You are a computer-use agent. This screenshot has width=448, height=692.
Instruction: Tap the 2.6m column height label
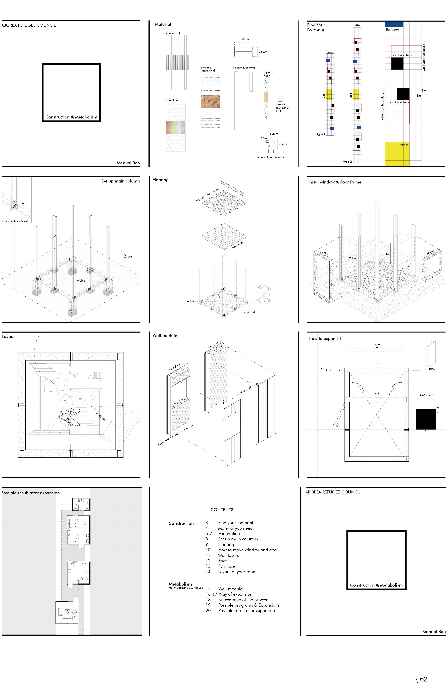tap(128, 256)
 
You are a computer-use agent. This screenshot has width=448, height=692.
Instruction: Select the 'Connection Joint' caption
tap(15, 221)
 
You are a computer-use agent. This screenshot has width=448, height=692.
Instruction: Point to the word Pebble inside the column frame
tap(81, 281)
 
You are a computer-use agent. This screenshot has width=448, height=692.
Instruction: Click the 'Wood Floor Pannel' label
tap(208, 195)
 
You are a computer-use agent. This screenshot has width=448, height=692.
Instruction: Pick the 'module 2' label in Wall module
tap(214, 345)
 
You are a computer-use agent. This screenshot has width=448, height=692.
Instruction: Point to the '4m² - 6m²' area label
tap(426, 395)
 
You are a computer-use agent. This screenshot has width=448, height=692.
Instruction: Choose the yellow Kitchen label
tap(404, 145)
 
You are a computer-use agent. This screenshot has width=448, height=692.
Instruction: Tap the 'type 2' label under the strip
tap(347, 162)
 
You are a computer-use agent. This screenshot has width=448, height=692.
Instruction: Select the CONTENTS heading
tap(222, 510)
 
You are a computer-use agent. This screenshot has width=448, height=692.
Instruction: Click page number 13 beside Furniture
tap(208, 566)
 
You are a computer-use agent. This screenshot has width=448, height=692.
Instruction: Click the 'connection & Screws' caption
tap(271, 157)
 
